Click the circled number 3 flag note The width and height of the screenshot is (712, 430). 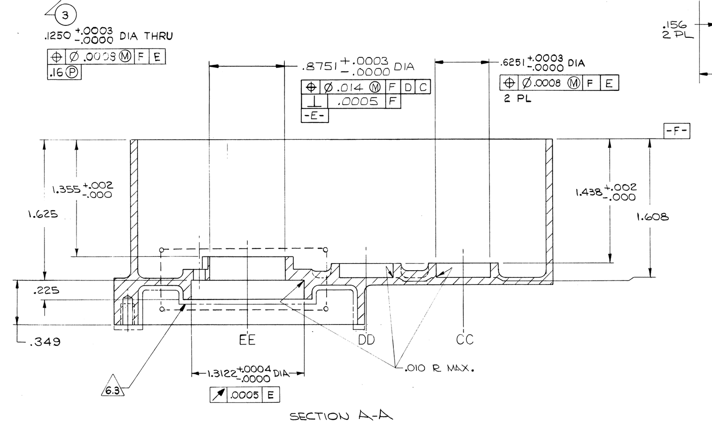pos(65,16)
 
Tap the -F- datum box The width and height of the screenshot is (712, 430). pos(676,131)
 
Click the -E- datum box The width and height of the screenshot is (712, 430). pos(315,116)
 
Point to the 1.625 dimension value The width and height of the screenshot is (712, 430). pos(43,214)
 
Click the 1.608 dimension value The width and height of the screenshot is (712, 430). pos(652,217)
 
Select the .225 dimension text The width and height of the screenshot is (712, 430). pos(46,291)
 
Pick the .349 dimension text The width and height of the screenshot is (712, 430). pos(44,342)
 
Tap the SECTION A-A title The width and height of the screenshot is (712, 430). pos(341,416)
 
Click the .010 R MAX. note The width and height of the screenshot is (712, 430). pos(439,369)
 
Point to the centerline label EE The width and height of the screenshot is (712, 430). pos(247,341)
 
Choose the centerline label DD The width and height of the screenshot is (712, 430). pos(366,340)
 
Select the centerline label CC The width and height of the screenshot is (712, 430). pos(465,340)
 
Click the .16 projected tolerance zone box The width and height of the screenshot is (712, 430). pos(65,73)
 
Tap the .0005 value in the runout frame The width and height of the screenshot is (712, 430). pos(244,395)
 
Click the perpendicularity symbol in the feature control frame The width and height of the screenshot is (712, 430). pos(314,101)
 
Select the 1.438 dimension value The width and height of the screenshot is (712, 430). pos(589,193)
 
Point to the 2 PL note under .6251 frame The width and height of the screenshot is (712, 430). pos(518,99)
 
